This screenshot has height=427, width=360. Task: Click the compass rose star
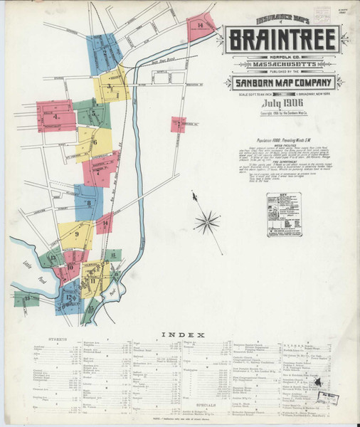pyautogui.click(x=207, y=222)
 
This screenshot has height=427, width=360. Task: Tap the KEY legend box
pyautogui.click(x=284, y=214)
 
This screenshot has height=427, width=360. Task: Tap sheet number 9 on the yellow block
pyautogui.click(x=75, y=234)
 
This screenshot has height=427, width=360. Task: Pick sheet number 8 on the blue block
pyautogui.click(x=89, y=203)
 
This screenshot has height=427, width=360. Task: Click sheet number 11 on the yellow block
pyautogui.click(x=92, y=282)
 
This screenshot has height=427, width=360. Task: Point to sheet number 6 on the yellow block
pyautogui.click(x=94, y=142)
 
